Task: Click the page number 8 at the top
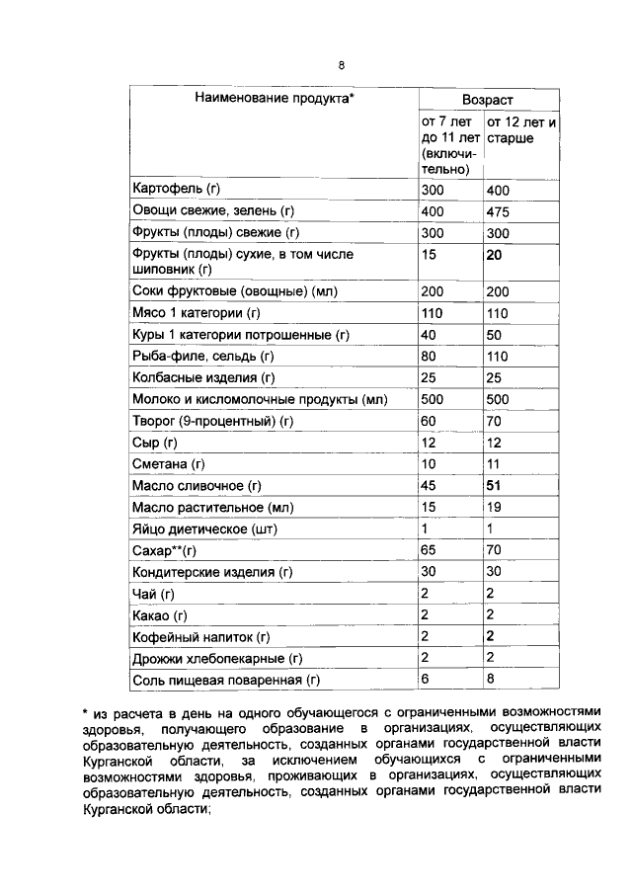click(341, 66)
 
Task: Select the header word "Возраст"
click(488, 101)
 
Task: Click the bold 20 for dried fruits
click(496, 254)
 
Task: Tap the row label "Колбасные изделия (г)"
click(202, 378)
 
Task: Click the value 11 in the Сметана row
click(494, 464)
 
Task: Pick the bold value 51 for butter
click(495, 486)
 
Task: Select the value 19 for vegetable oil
click(495, 508)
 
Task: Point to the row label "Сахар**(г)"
click(165, 551)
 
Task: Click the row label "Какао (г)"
click(160, 615)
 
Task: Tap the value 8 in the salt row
click(491, 679)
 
